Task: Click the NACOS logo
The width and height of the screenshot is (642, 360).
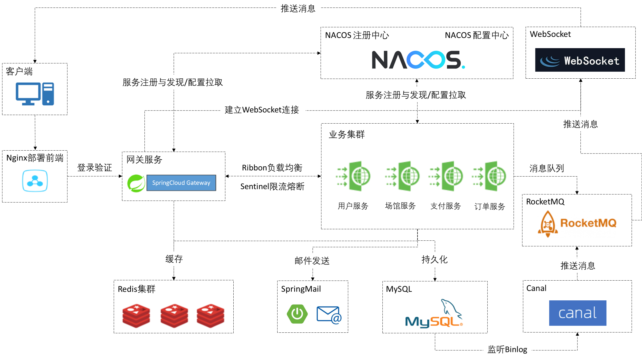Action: pyautogui.click(x=419, y=60)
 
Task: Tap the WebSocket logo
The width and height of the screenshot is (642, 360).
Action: pyautogui.click(x=580, y=60)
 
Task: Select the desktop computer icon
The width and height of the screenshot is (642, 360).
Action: pyautogui.click(x=35, y=94)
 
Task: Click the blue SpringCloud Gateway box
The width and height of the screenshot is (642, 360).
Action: pyautogui.click(x=181, y=183)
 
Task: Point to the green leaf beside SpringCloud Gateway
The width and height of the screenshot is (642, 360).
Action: pyautogui.click(x=136, y=183)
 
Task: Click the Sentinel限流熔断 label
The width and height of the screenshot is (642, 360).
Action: pyautogui.click(x=273, y=186)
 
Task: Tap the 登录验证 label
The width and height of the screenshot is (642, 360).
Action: pyautogui.click(x=95, y=167)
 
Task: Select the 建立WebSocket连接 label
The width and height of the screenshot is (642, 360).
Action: pyautogui.click(x=262, y=110)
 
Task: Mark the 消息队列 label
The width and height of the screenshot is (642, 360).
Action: pyautogui.click(x=547, y=168)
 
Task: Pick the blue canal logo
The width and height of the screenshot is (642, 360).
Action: pyautogui.click(x=578, y=313)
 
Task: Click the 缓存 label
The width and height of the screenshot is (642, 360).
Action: pyautogui.click(x=174, y=259)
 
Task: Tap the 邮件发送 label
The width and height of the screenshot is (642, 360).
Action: pyautogui.click(x=312, y=261)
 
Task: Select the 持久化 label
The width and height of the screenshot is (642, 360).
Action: pyautogui.click(x=435, y=259)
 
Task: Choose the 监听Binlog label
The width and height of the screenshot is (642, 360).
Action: pyautogui.click(x=507, y=349)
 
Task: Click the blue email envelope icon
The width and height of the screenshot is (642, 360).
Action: pyautogui.click(x=329, y=315)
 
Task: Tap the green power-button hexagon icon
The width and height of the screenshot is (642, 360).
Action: pyautogui.click(x=297, y=314)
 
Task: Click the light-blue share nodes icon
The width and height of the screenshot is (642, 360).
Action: pyautogui.click(x=35, y=181)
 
